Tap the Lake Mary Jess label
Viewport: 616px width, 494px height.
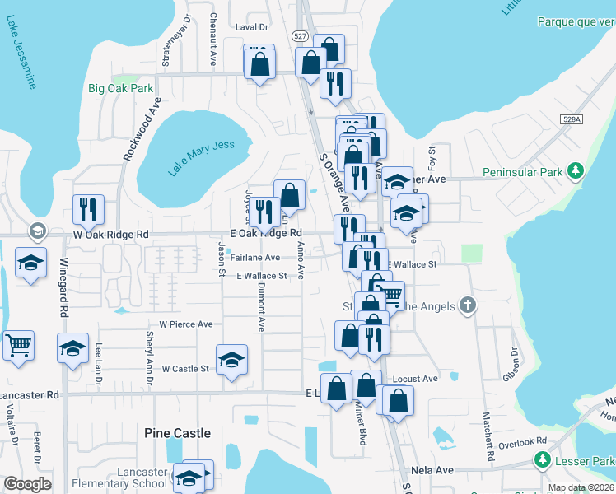pos(202,158)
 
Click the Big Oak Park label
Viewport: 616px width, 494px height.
pos(121,88)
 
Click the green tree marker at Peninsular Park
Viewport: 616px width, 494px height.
pos(577,171)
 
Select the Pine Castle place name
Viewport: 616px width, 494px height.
pos(177,433)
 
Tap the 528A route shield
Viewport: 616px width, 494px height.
pos(574,119)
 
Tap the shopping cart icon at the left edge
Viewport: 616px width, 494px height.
pos(18,345)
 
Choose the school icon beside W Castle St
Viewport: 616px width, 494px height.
pos(231,358)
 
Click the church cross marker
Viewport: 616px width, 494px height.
pos(468,306)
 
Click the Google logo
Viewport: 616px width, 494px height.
pos(27,484)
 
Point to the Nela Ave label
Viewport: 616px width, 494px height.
pos(433,471)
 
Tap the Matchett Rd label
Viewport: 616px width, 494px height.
pos(488,436)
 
